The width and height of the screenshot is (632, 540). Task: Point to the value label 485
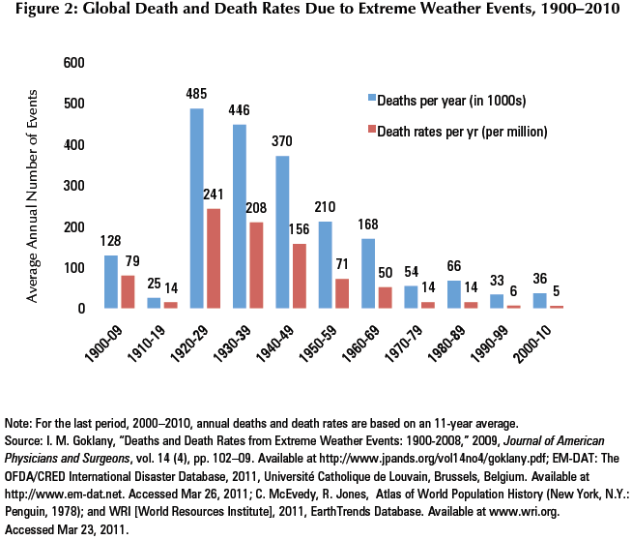pos(196,95)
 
